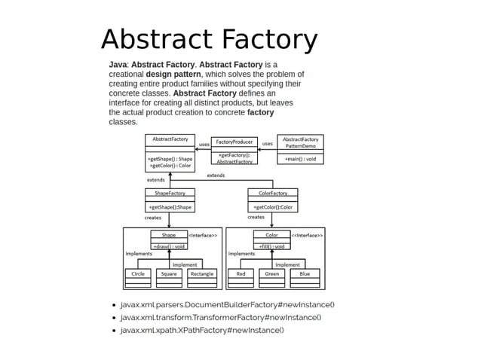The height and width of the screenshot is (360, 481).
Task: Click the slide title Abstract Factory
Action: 209,39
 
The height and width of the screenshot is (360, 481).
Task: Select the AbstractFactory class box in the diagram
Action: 170,152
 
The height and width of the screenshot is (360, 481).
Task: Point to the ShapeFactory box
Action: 170,200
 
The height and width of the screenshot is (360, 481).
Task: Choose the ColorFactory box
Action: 272,200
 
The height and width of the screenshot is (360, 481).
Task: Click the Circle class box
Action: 138,277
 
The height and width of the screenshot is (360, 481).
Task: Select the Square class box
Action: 169,277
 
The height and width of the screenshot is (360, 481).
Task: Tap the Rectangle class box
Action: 201,277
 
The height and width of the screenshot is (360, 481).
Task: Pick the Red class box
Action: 240,277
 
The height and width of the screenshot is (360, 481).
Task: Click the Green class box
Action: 272,277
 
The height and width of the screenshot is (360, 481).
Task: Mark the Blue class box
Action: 304,277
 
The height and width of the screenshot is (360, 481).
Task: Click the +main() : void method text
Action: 301,159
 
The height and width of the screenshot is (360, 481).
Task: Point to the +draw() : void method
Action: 170,246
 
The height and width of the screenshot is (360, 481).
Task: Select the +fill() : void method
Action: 272,246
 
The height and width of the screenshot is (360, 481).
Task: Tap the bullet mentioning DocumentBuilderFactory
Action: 227,304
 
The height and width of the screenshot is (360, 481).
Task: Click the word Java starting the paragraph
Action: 118,65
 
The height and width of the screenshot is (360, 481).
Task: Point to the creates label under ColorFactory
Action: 256,217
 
